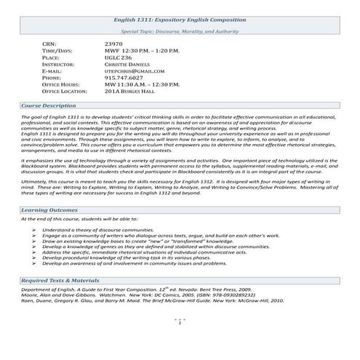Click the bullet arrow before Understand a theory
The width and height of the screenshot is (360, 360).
(34, 229)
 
